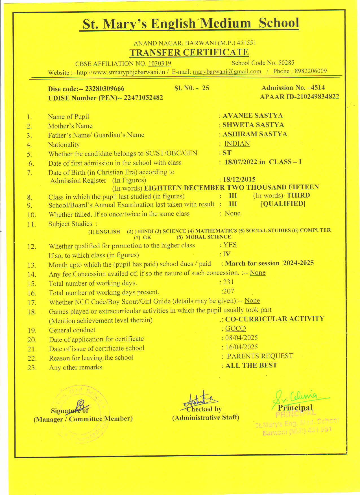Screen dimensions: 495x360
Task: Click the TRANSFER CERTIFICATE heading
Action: click(x=189, y=52)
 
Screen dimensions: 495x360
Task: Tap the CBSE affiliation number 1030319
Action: click(x=160, y=63)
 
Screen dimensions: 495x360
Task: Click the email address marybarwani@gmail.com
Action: click(x=227, y=72)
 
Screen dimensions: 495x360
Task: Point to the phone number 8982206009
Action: click(x=311, y=71)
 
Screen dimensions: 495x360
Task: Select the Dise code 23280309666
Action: click(x=104, y=89)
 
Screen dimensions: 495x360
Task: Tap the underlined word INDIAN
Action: click(x=237, y=144)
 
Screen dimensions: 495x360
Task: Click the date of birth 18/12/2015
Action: click(x=239, y=179)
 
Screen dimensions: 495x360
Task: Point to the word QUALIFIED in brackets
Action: click(x=283, y=204)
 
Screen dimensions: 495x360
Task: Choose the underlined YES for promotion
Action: click(x=230, y=245)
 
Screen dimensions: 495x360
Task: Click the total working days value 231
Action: click(x=228, y=282)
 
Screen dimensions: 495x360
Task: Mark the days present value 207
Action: click(x=228, y=291)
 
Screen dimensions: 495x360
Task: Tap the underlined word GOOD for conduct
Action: click(x=235, y=328)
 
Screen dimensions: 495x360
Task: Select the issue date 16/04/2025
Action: click(x=241, y=347)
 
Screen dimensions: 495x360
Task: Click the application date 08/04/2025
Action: click(x=241, y=338)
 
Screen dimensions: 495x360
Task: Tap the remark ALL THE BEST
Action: click(x=251, y=365)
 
